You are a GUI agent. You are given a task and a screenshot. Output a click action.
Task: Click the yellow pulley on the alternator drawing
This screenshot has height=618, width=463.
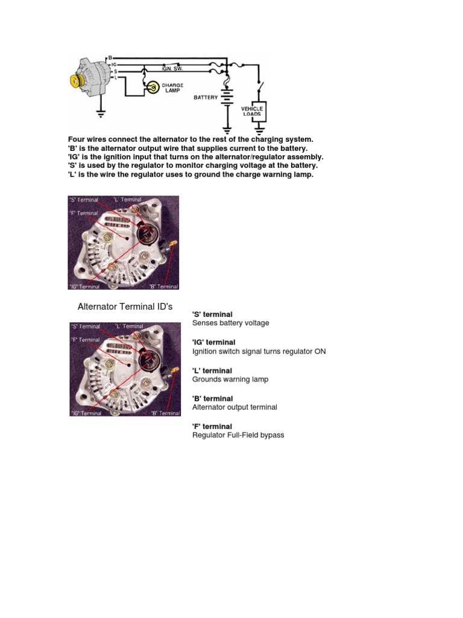tap(77, 81)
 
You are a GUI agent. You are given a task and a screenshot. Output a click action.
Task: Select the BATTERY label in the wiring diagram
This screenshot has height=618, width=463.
tap(206, 97)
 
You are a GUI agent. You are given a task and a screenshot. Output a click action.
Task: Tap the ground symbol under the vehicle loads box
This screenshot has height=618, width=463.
tap(259, 129)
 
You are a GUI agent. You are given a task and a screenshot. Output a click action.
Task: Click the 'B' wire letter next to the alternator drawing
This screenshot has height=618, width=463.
tap(110, 57)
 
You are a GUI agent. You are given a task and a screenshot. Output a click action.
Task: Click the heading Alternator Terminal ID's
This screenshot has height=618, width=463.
tap(125, 307)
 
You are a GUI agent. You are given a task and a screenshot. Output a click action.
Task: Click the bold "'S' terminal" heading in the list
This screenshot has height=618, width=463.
tap(212, 314)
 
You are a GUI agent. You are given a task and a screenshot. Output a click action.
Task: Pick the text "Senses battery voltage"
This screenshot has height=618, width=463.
tap(230, 323)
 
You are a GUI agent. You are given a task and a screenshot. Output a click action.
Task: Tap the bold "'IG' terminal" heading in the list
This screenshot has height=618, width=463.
tap(213, 342)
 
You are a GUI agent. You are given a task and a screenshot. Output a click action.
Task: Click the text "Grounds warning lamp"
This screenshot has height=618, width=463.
tap(230, 379)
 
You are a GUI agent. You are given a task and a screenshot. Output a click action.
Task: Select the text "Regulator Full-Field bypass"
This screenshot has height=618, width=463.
tap(238, 435)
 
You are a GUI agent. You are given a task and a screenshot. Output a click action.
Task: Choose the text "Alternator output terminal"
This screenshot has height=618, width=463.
tap(235, 407)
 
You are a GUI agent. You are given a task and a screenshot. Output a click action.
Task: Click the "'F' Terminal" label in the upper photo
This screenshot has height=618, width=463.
tap(84, 213)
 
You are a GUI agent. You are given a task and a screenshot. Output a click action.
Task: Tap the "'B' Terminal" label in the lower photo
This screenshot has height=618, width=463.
tap(164, 413)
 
